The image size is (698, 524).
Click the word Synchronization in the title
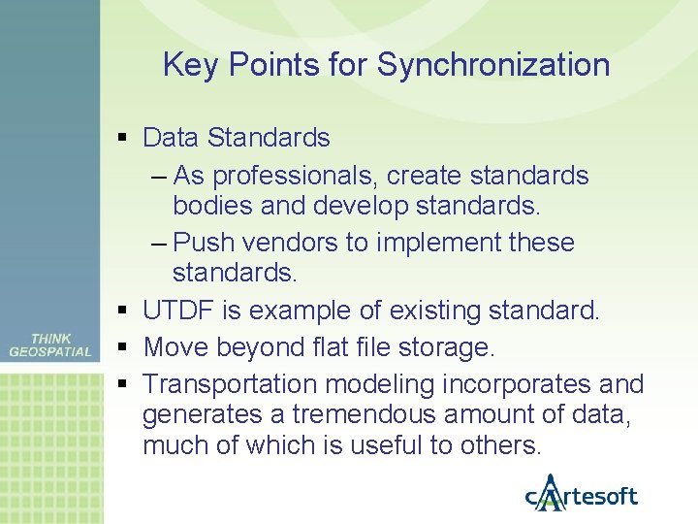(493, 66)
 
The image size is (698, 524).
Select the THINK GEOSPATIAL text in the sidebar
(50, 345)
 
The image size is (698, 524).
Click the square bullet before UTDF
(121, 311)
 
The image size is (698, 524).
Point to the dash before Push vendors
(159, 243)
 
